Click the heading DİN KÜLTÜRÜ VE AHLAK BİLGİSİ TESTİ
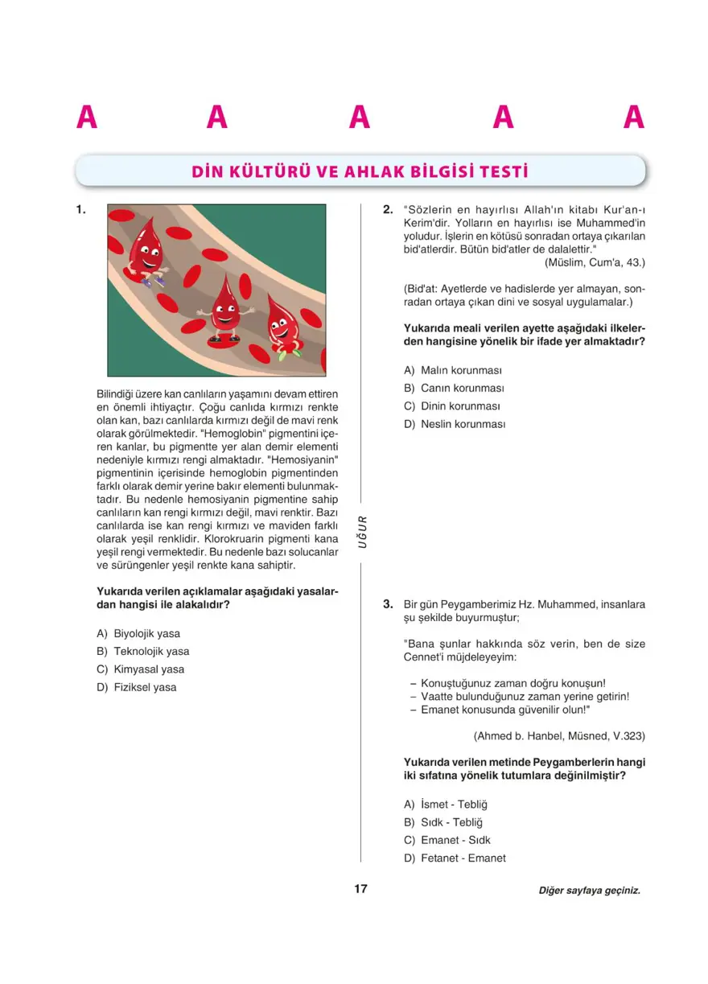(x=360, y=171)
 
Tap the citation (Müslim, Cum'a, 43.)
(x=595, y=262)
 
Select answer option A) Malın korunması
(x=453, y=370)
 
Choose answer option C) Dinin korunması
(x=452, y=406)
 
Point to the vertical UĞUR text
(x=361, y=532)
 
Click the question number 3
(x=387, y=603)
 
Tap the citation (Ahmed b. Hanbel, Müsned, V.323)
(x=559, y=735)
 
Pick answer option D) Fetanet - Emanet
(x=455, y=858)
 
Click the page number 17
(x=360, y=889)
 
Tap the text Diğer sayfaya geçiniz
(x=590, y=891)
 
